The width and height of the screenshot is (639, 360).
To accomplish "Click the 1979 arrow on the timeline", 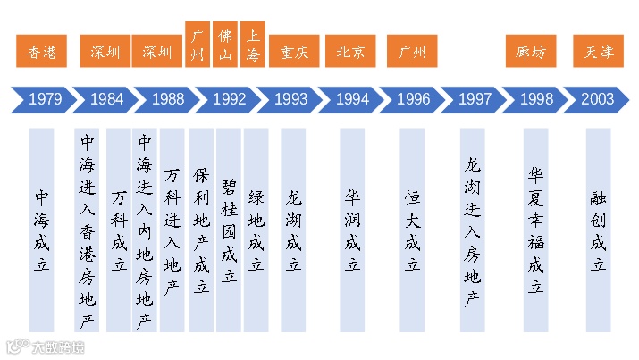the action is click(x=45, y=99).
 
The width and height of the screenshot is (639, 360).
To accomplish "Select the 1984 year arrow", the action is click(x=106, y=99).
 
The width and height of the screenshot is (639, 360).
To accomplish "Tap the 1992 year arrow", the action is click(x=229, y=99).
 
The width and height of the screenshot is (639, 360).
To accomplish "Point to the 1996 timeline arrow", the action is click(x=413, y=99).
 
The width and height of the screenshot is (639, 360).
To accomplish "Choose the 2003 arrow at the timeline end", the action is click(x=597, y=99).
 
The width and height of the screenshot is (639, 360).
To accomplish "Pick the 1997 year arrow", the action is click(x=475, y=99).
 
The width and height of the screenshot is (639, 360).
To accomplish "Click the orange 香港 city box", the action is click(x=42, y=52).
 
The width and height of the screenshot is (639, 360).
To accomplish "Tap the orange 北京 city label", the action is click(x=350, y=52).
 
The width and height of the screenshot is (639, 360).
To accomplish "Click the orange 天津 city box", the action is click(x=598, y=52).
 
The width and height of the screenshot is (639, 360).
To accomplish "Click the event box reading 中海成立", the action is click(x=42, y=230).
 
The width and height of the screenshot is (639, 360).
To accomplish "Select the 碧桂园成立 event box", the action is click(x=229, y=230).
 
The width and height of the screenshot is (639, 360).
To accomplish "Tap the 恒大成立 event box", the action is click(x=412, y=230).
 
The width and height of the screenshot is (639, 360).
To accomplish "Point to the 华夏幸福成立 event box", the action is click(x=535, y=230).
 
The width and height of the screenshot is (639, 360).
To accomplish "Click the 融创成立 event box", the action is click(x=598, y=230).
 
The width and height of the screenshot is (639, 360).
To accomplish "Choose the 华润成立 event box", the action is click(x=353, y=230).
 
